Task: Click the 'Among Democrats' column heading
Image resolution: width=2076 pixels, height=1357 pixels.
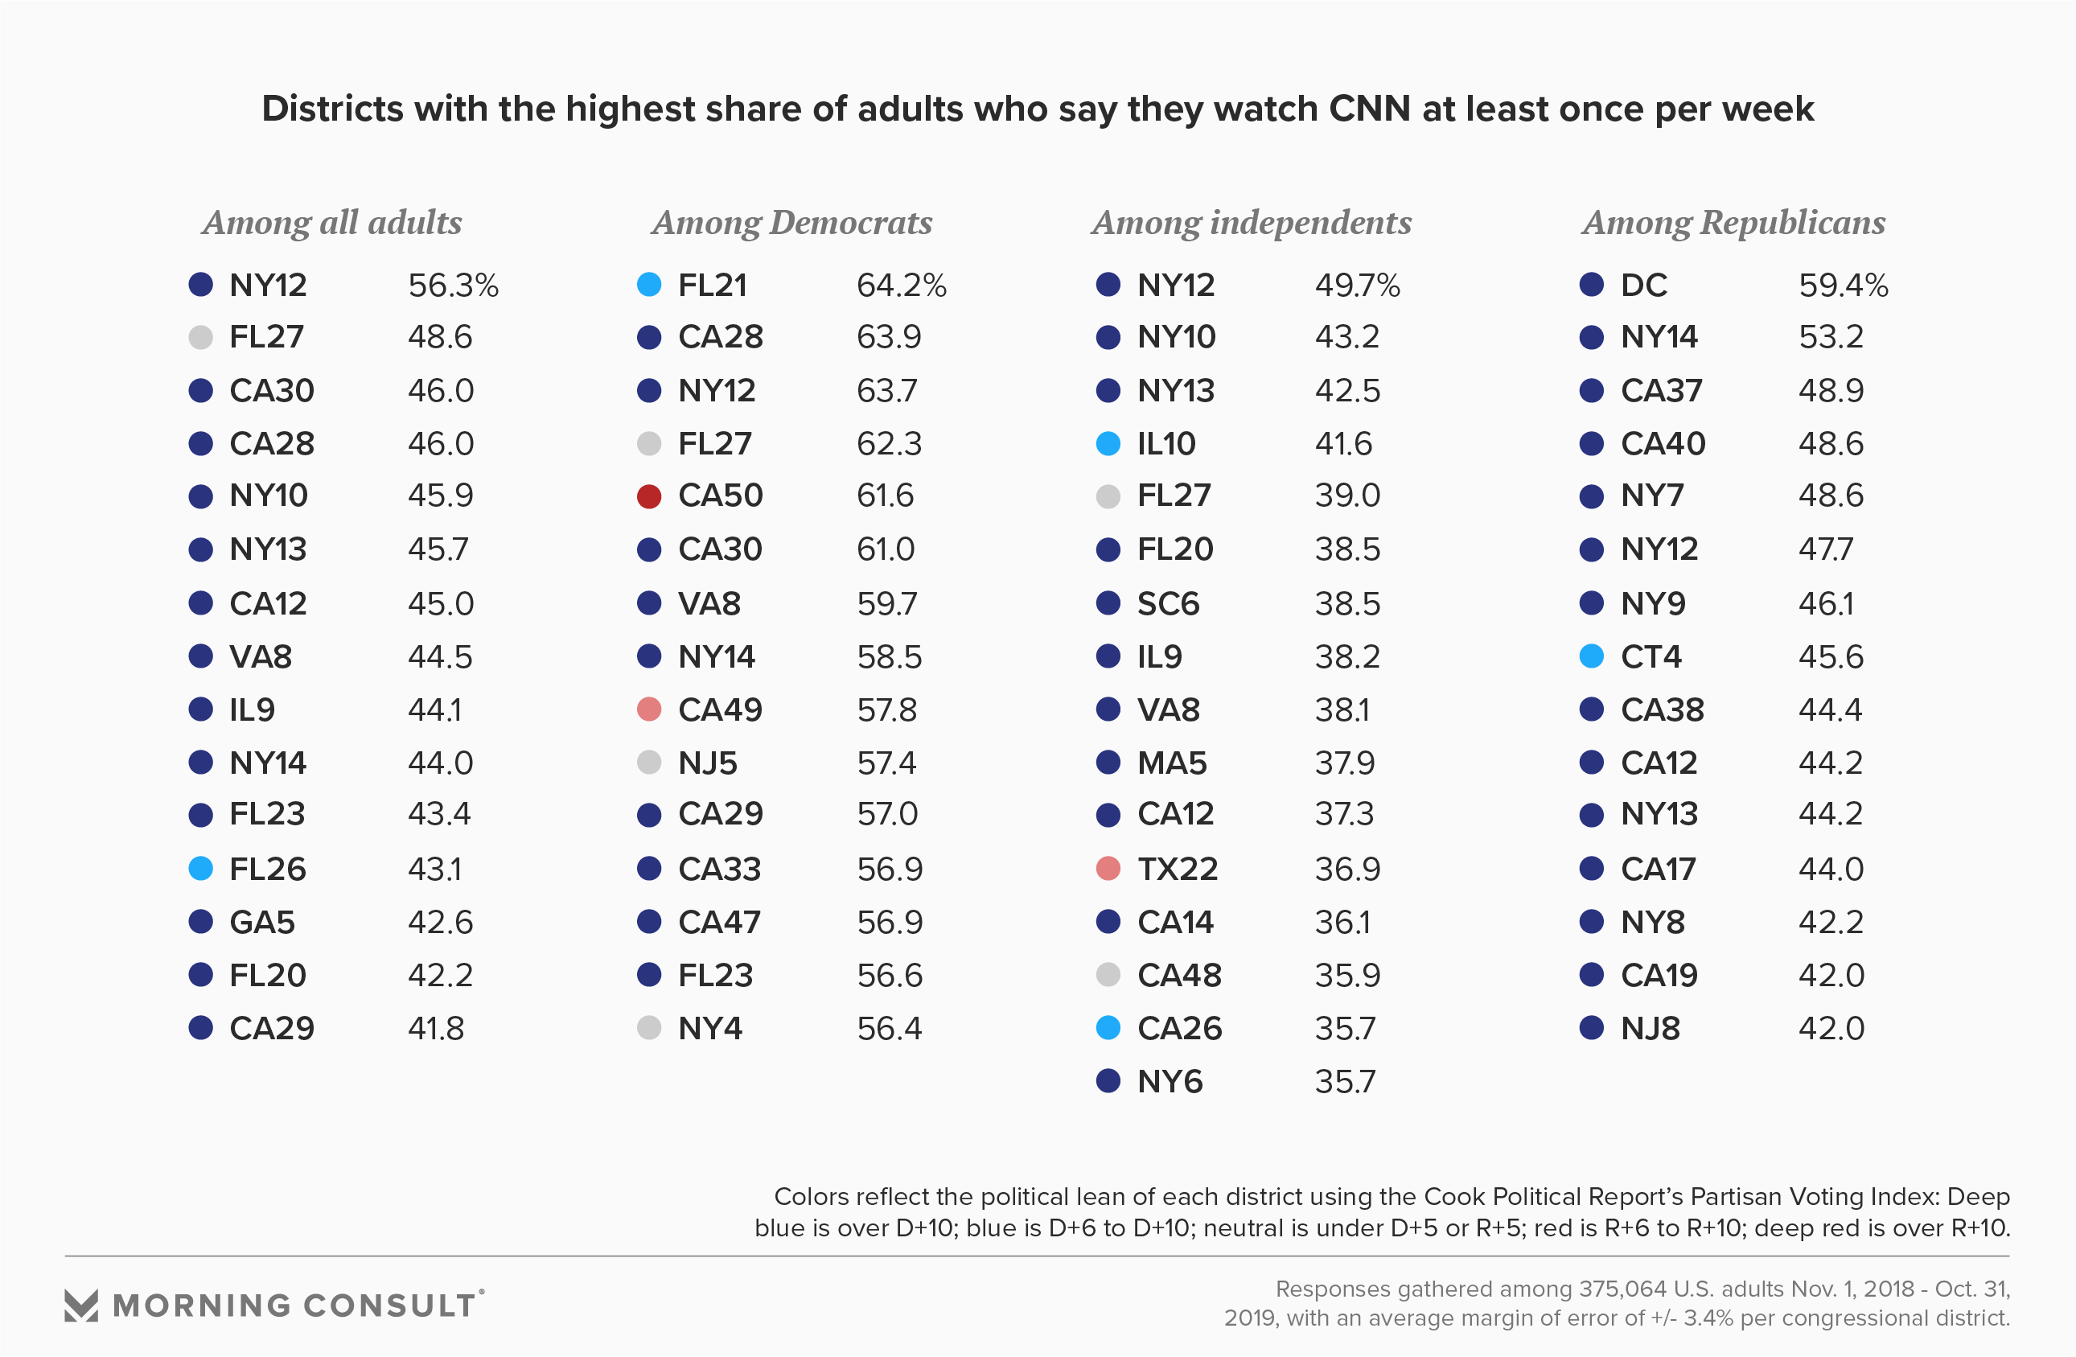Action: click(x=792, y=224)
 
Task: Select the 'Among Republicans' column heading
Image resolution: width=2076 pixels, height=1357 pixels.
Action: click(x=1733, y=224)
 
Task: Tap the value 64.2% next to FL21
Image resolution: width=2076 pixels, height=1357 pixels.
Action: click(x=901, y=286)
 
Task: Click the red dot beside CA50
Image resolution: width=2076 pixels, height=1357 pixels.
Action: click(x=649, y=496)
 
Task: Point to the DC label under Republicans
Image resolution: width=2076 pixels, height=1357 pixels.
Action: click(x=1643, y=286)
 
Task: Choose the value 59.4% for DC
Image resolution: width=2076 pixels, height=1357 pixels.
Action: click(x=1843, y=286)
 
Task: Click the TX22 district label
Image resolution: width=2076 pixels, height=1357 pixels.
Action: click(x=1177, y=869)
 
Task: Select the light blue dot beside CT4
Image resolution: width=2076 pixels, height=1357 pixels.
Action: click(x=1592, y=656)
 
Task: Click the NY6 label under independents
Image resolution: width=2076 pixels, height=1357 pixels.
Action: click(x=1170, y=1081)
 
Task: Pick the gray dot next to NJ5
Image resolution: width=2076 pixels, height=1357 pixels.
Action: click(x=649, y=763)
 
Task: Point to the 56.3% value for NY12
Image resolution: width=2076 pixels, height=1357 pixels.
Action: click(x=453, y=286)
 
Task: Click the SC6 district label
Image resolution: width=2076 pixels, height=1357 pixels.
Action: click(x=1168, y=603)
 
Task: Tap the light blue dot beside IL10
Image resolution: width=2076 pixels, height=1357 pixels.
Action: click(x=1108, y=444)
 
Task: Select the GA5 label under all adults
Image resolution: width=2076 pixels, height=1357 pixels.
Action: click(x=261, y=922)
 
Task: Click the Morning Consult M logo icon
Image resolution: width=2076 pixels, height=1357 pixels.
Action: click(x=81, y=1305)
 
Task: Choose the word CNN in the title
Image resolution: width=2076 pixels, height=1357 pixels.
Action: click(x=1369, y=109)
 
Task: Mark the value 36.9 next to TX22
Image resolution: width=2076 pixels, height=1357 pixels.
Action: click(x=1347, y=869)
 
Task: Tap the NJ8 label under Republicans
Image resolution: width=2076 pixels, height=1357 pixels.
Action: click(x=1650, y=1028)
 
